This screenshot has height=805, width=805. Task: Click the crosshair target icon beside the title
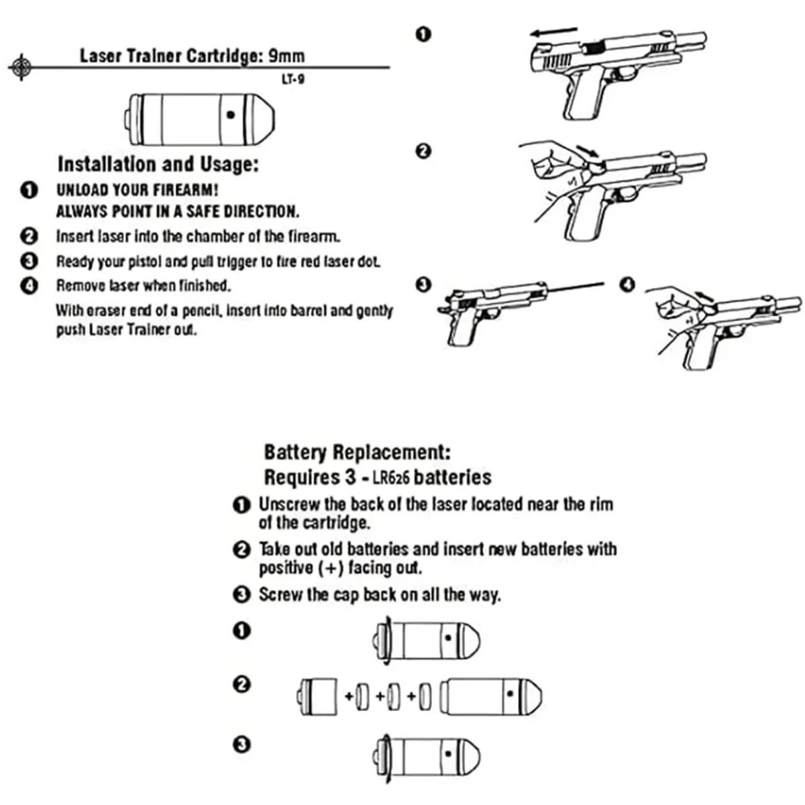(21, 66)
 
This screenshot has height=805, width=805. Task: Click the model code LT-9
(293, 79)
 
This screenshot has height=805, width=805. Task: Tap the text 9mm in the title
(286, 56)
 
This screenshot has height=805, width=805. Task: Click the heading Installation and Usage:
(158, 164)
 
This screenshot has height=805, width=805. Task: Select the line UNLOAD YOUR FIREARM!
(138, 190)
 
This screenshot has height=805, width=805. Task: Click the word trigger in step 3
(235, 261)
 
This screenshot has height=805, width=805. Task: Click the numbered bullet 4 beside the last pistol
(627, 284)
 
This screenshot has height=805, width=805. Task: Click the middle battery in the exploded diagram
(394, 697)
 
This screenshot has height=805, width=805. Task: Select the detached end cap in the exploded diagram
(319, 696)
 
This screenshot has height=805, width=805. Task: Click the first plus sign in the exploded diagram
(350, 696)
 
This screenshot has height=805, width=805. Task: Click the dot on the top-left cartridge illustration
(231, 115)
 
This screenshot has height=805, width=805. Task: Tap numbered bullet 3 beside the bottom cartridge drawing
(242, 745)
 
